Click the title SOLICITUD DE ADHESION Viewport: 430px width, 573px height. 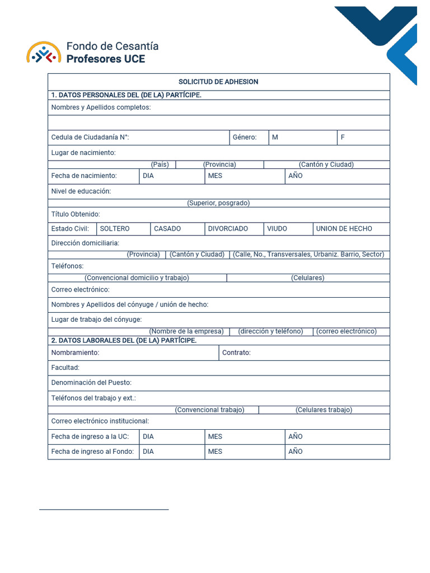pyautogui.click(x=218, y=82)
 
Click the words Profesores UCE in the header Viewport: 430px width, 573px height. pyautogui.click(x=106, y=59)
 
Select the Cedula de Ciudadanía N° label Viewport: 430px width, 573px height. pyautogui.click(x=90, y=137)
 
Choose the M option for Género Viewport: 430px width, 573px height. pyautogui.click(x=275, y=137)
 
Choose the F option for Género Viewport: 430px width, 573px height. pyautogui.click(x=343, y=137)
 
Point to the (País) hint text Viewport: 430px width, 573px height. pyautogui.click(x=160, y=165)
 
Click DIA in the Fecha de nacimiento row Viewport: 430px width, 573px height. pyautogui.click(x=148, y=176)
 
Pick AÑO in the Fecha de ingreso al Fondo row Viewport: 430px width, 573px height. pyautogui.click(x=296, y=452)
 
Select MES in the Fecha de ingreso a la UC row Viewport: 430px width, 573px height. pyautogui.click(x=215, y=436)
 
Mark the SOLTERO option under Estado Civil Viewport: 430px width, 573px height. pyautogui.click(x=115, y=229)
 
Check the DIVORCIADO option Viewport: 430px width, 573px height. pyautogui.click(x=228, y=229)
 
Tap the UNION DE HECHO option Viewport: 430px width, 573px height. pyautogui.click(x=344, y=229)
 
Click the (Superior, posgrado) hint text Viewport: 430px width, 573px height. pyautogui.click(x=218, y=203)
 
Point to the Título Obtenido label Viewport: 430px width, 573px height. pyautogui.click(x=76, y=214)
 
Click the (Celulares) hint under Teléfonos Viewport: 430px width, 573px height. pyautogui.click(x=307, y=278)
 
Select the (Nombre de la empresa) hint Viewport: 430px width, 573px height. pyautogui.click(x=186, y=331)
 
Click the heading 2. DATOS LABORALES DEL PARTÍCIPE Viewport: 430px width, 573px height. pyautogui.click(x=124, y=340)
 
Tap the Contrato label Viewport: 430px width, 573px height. pyautogui.click(x=236, y=353)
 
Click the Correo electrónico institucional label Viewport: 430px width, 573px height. pyautogui.click(x=100, y=421)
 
